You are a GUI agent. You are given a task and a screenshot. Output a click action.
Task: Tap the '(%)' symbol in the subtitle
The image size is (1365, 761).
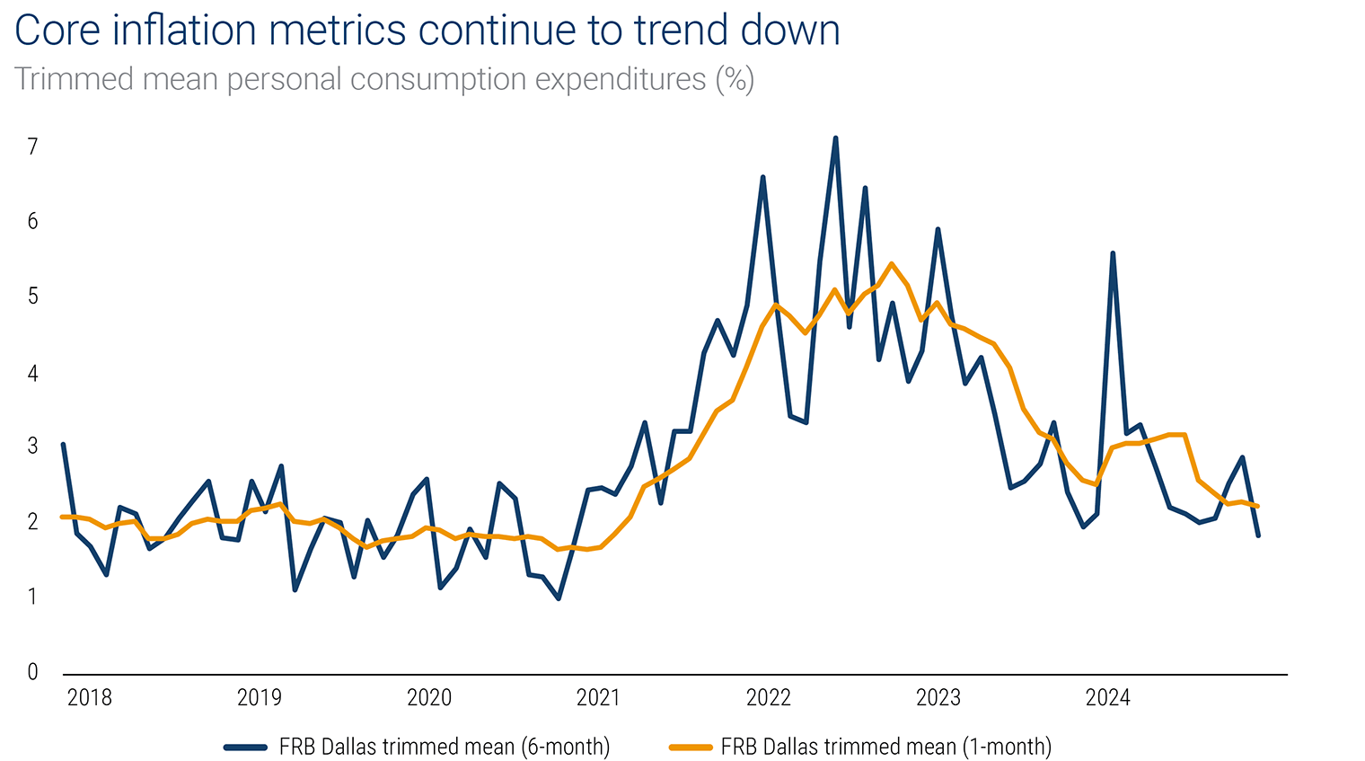point(735,80)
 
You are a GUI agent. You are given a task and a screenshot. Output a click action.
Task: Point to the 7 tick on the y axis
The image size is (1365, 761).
point(33,146)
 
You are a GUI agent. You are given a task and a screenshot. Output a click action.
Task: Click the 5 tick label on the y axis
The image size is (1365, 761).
point(33,296)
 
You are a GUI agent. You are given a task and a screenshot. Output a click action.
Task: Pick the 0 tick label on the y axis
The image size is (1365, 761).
point(33,671)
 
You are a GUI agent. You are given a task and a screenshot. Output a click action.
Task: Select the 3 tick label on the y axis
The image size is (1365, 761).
point(33,447)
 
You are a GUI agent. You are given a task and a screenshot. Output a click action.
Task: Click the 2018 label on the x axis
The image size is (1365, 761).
point(89,697)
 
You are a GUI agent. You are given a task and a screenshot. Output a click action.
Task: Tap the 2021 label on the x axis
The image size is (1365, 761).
point(598,697)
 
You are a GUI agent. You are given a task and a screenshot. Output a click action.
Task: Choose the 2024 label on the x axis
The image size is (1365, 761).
point(1107,697)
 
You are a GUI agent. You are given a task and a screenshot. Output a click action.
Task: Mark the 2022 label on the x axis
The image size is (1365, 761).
point(768,697)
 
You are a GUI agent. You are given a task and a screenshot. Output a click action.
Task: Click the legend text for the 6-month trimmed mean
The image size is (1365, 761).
point(445,747)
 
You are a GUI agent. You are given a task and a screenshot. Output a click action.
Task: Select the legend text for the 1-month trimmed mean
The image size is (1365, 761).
point(885,747)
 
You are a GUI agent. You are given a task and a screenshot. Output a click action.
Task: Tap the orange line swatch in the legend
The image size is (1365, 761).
point(691,747)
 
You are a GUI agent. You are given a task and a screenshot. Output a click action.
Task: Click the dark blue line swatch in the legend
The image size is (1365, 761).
point(246,747)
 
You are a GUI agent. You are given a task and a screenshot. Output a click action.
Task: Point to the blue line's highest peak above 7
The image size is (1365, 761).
point(835,138)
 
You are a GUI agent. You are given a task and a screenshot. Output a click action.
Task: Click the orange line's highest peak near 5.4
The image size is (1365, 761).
point(891,264)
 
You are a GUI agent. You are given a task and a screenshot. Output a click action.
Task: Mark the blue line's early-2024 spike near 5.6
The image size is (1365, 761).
point(1113,253)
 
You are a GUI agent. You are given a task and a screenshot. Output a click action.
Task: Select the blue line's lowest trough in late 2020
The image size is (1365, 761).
point(559,598)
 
